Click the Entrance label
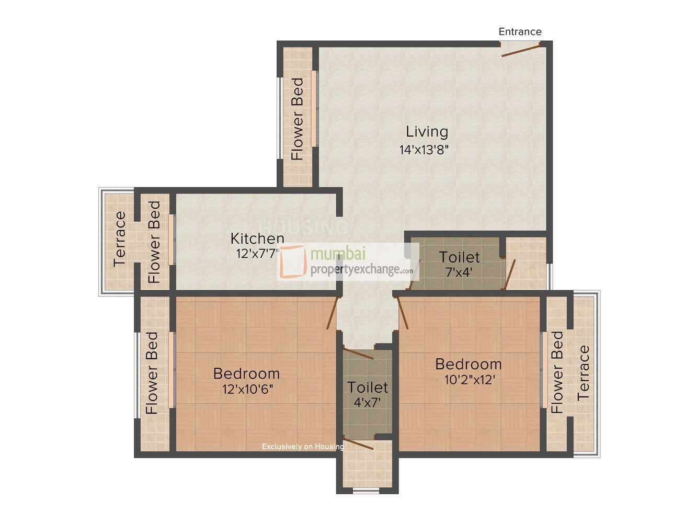coord(520,31)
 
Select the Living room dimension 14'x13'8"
coord(424,150)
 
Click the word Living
coord(427,132)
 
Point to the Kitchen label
coord(257,239)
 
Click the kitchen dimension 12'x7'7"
coord(258,254)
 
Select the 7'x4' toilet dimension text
coord(459,272)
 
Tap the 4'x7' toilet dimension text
coord(367,403)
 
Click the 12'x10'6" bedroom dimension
coord(247,389)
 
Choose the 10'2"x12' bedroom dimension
coord(469,380)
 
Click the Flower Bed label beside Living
coord(297,119)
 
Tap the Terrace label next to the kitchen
coord(120,238)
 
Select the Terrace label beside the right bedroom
coord(584,373)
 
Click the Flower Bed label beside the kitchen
coord(154,242)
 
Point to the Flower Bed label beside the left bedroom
coord(152,373)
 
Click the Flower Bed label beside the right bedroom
coord(557,372)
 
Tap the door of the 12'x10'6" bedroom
coord(332,313)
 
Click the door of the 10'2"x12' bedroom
coord(403,313)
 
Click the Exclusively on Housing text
coord(303,447)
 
